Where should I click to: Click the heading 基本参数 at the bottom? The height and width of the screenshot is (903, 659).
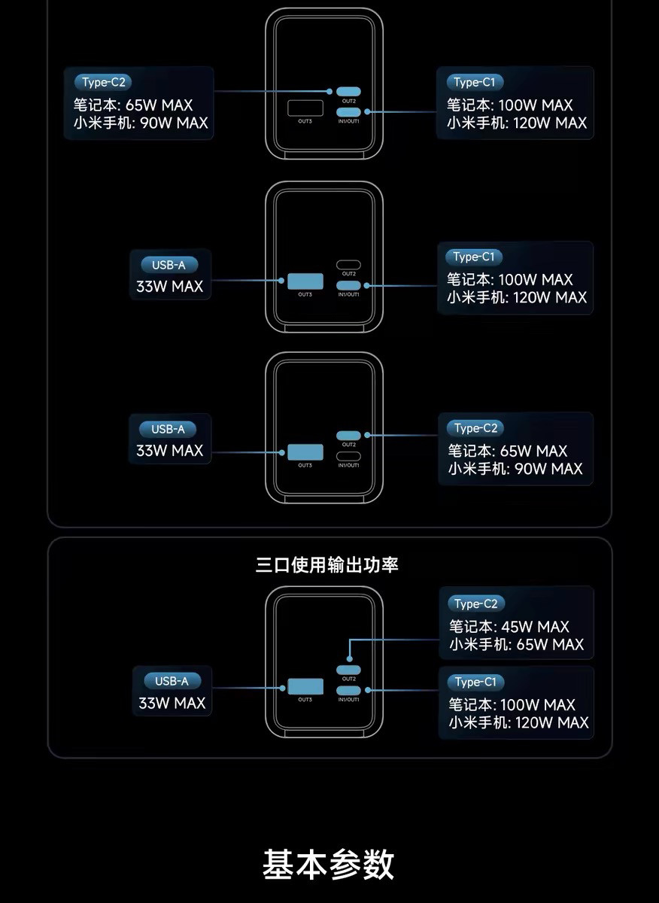pyautogui.click(x=329, y=865)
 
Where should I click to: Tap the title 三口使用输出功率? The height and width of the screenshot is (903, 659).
pyautogui.click(x=326, y=565)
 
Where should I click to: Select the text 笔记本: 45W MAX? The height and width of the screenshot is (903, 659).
pyautogui.click(x=509, y=627)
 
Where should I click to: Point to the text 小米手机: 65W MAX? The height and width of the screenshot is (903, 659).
pyautogui.click(x=516, y=645)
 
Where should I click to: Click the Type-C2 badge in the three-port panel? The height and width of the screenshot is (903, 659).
pyautogui.click(x=475, y=604)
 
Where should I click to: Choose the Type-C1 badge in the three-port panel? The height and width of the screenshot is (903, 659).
pyautogui.click(x=475, y=682)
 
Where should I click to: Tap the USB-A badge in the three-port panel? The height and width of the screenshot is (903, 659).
pyautogui.click(x=172, y=681)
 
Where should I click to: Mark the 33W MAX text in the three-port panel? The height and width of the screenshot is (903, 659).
pyautogui.click(x=172, y=704)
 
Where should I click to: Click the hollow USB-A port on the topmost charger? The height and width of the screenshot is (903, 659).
pyautogui.click(x=305, y=108)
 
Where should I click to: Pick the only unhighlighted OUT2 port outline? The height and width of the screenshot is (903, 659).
pyautogui.click(x=348, y=265)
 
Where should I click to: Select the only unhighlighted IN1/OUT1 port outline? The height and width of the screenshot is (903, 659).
pyautogui.click(x=348, y=456)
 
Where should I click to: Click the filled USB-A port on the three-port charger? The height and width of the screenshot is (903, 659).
pyautogui.click(x=305, y=687)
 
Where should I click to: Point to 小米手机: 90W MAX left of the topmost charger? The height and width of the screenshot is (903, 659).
pyautogui.click(x=141, y=123)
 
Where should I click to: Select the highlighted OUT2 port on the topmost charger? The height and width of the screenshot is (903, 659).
pyautogui.click(x=348, y=91)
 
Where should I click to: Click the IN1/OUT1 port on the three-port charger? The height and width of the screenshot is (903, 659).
pyautogui.click(x=348, y=690)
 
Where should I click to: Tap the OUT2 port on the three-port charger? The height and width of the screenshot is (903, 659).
pyautogui.click(x=348, y=670)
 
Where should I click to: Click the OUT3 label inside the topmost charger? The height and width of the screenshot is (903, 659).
pyautogui.click(x=305, y=122)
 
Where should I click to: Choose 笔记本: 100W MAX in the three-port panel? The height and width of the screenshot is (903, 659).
pyautogui.click(x=512, y=705)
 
